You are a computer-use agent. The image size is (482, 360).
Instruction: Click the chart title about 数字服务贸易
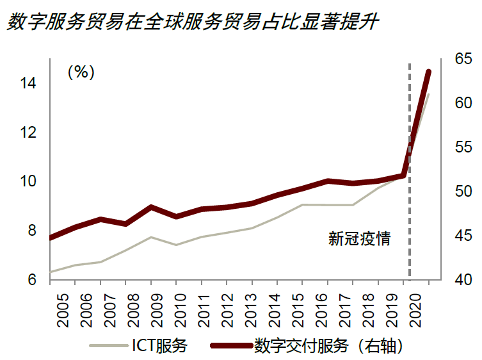tap(193, 24)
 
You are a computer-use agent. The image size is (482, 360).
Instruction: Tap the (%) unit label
tap(81, 72)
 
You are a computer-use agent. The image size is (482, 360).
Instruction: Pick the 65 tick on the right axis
tap(463, 59)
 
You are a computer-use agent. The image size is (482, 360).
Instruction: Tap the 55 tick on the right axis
tap(463, 147)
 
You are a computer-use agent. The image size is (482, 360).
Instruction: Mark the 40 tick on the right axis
tap(463, 280)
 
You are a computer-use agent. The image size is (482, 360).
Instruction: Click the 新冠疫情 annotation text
tap(359, 240)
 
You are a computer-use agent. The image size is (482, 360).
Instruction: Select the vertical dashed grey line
tap(410, 192)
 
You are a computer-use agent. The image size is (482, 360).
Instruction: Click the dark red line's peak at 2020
tap(428, 72)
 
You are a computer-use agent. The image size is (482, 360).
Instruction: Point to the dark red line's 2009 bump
tap(150, 207)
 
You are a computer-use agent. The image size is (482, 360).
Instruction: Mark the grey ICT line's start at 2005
tap(51, 272)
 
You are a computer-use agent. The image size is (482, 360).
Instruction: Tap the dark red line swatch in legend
tap(230, 347)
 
